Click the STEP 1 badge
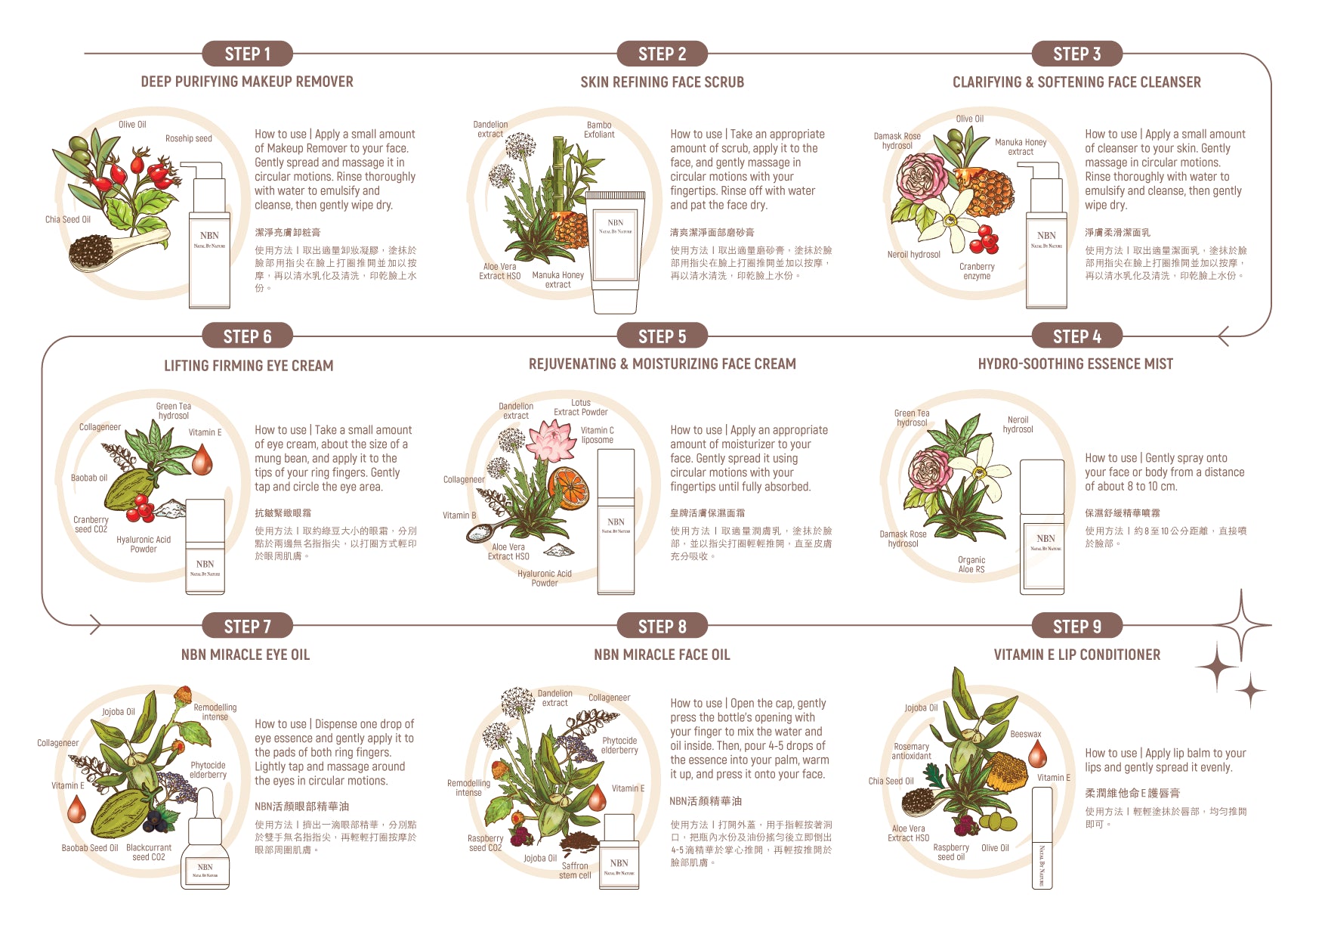247,54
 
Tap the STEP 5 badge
662,336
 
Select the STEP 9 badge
1077,626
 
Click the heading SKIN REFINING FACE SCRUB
662,82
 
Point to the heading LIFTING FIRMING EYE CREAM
249,366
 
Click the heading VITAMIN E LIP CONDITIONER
1077,655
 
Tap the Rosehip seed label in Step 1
189,138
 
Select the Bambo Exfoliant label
599,130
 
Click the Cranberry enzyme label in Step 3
977,271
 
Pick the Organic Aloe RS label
971,565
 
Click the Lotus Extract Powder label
581,407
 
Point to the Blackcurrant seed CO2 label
149,853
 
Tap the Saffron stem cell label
575,871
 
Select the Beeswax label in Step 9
1026,734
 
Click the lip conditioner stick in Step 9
1042,837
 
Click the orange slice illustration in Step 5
568,487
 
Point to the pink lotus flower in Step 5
551,441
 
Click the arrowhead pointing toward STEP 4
1224,336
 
